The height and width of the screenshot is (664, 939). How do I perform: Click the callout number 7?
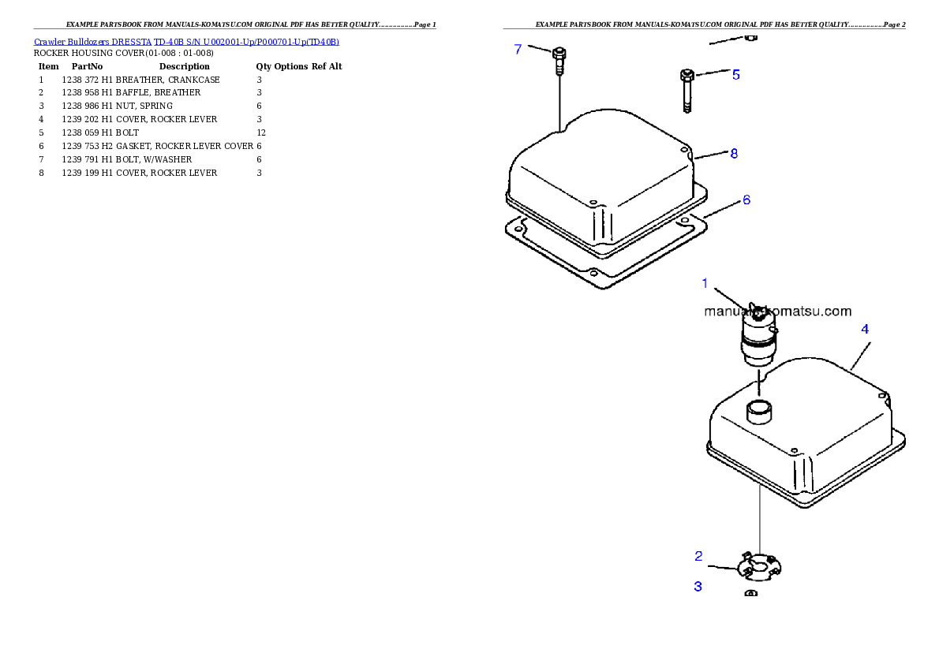[x=518, y=49]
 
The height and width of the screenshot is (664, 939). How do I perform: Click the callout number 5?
[x=735, y=75]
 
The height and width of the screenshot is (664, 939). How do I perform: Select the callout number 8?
[x=734, y=154]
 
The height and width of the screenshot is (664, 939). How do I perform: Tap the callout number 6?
[x=746, y=200]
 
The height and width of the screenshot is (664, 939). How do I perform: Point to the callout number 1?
[x=705, y=283]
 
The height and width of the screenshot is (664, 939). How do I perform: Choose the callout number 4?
[x=865, y=329]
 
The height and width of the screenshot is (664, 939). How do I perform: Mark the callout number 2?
[x=698, y=556]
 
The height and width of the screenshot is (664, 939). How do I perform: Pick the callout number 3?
[x=698, y=587]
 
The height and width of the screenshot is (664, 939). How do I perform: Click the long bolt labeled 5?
[x=686, y=89]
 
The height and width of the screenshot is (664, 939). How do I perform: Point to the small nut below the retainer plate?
[x=752, y=593]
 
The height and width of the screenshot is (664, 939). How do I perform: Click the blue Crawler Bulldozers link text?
[x=186, y=42]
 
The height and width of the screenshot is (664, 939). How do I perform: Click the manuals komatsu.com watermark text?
[x=777, y=311]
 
